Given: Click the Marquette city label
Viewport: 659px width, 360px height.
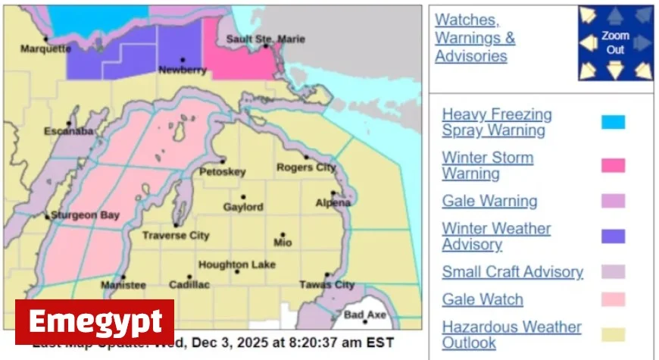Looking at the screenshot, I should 45,49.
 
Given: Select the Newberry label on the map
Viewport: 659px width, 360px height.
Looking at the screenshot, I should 182,70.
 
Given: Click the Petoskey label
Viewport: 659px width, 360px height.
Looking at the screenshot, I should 222,172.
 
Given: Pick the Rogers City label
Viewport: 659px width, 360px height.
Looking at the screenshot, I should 305,167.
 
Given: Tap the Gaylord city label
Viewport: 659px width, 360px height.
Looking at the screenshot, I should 243,207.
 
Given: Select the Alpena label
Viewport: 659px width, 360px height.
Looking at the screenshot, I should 333,202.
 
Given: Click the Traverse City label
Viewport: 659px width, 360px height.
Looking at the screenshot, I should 176,236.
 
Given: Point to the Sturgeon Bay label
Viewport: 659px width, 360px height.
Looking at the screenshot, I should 85,215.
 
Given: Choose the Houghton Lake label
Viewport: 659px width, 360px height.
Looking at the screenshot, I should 236,265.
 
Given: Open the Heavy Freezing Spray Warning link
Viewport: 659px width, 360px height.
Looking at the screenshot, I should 497,122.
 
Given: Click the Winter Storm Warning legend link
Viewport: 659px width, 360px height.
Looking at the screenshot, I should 487,165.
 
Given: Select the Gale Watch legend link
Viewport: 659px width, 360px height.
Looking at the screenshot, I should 483,299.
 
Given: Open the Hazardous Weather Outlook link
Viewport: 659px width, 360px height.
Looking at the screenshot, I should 511,335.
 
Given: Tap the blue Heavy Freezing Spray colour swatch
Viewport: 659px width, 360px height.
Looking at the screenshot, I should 613,122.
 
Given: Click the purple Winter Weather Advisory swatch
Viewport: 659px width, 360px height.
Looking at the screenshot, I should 613,236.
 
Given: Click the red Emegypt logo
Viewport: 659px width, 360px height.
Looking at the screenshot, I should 95,322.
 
